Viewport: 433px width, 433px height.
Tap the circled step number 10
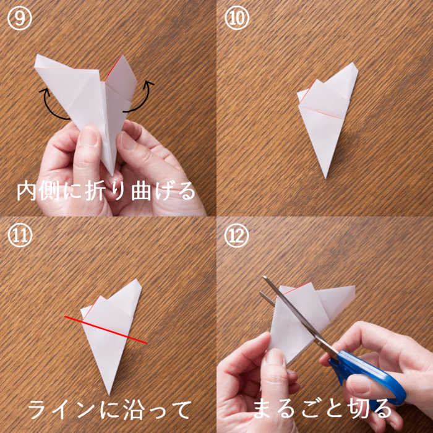point(237,18)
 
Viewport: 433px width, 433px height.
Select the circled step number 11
point(20,235)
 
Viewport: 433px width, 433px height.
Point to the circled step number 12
point(237,235)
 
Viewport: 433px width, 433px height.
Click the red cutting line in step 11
point(106,330)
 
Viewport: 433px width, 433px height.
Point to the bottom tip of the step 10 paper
point(326,178)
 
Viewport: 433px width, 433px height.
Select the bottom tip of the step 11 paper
point(109,395)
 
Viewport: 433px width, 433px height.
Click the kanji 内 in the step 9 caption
point(27,191)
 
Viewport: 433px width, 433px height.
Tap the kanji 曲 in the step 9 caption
point(141,191)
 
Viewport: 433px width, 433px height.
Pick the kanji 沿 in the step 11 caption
point(132,409)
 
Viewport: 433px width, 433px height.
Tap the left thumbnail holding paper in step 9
point(88,135)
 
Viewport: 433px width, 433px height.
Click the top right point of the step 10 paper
point(353,63)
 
